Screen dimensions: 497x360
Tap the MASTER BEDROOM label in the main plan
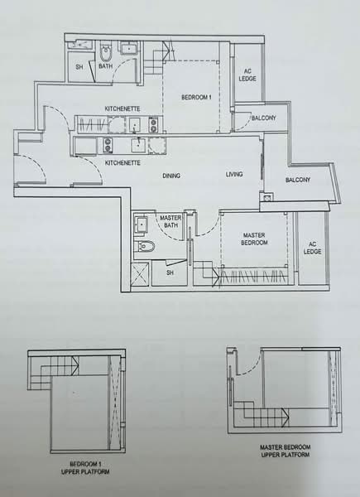coord(254,239)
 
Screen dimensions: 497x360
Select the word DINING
coord(172,176)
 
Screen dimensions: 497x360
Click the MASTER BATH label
coord(170,221)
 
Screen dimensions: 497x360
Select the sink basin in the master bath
coord(142,224)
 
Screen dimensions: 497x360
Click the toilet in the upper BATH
coord(105,55)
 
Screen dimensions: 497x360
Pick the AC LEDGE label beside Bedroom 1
coord(247,75)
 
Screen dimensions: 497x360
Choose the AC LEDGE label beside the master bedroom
coord(312,248)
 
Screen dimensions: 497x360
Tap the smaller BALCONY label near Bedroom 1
coord(263,118)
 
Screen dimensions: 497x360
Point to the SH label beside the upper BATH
coord(79,67)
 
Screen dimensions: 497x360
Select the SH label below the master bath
coord(170,272)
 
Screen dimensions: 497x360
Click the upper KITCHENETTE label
coord(122,109)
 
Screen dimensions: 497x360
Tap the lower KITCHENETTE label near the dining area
coord(122,163)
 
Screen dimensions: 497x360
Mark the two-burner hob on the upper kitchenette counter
coord(152,125)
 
